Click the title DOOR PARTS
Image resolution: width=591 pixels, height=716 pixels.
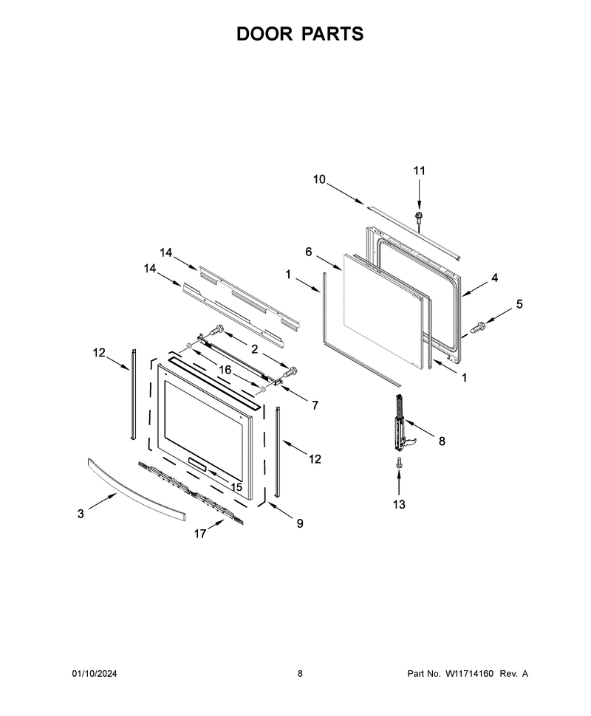pyautogui.click(x=300, y=34)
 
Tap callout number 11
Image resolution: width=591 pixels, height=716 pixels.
pyautogui.click(x=419, y=171)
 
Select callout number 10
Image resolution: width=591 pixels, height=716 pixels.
pyautogui.click(x=319, y=179)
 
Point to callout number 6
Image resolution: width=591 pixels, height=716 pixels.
pyautogui.click(x=309, y=252)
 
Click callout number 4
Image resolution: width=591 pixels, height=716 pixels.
pyautogui.click(x=494, y=278)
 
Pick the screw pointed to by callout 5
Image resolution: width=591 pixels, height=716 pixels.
pyautogui.click(x=478, y=327)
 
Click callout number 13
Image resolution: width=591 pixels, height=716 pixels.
pyautogui.click(x=399, y=504)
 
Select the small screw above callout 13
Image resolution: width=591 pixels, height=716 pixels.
pyautogui.click(x=399, y=463)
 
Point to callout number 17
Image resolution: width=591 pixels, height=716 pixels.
pyautogui.click(x=199, y=534)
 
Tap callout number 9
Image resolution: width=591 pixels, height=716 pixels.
pyautogui.click(x=300, y=523)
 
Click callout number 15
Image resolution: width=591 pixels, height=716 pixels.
pyautogui.click(x=236, y=487)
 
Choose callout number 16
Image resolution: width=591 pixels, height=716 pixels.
pyautogui.click(x=225, y=370)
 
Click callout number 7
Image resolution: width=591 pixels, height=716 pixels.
pyautogui.click(x=315, y=405)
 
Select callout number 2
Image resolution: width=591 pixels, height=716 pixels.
pyautogui.click(x=254, y=349)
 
